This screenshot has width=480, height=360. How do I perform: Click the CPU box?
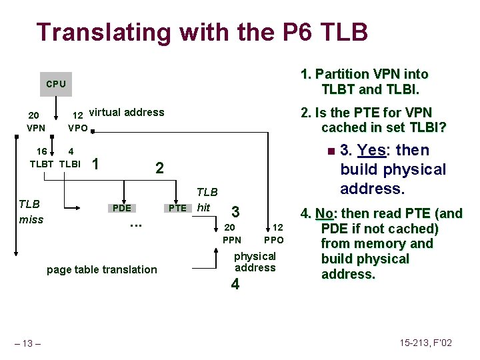(x=55, y=84)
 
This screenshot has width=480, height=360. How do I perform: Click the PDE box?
(x=121, y=208)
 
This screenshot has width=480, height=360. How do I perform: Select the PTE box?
(x=177, y=208)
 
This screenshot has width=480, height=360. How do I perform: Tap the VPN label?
(x=36, y=127)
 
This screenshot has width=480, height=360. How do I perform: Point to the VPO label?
(x=78, y=127)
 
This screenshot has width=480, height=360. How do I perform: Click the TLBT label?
(x=41, y=164)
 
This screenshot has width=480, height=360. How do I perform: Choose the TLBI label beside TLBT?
(x=70, y=164)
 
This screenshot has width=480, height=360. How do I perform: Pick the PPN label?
(x=232, y=240)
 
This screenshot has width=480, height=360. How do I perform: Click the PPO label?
(x=274, y=240)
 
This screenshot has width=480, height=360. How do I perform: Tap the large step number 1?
(x=97, y=164)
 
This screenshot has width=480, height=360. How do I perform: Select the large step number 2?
(x=159, y=168)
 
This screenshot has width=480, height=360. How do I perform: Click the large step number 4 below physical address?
(x=235, y=285)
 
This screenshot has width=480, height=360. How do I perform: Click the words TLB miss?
(x=31, y=212)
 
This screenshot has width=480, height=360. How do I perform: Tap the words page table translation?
(x=102, y=269)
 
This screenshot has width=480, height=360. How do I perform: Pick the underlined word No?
(x=325, y=214)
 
